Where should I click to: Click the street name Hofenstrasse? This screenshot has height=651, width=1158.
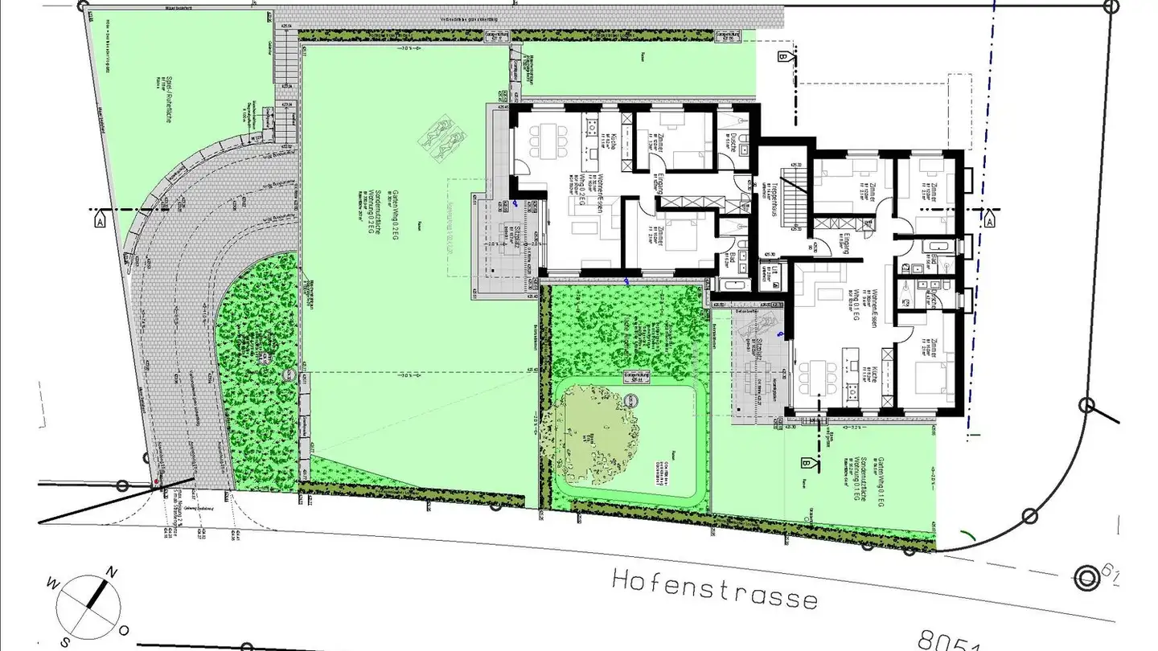(x=714, y=588)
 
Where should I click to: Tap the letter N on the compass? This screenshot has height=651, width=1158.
(x=113, y=573)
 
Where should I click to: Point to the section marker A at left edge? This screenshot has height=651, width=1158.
(x=101, y=219)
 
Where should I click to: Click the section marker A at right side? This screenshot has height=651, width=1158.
(x=988, y=219)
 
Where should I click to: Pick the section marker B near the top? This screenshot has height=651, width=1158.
(x=782, y=57)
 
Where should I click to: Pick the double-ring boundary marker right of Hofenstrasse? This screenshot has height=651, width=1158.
(x=1088, y=578)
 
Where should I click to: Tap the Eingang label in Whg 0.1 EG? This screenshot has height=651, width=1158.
(x=845, y=243)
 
